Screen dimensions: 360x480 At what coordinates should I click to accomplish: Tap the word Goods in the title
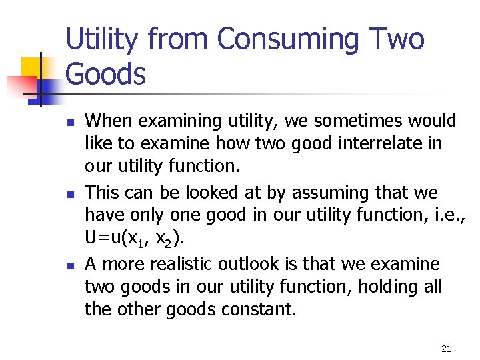tap(105, 74)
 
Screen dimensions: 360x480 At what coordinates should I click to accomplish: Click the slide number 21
tap(446, 349)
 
